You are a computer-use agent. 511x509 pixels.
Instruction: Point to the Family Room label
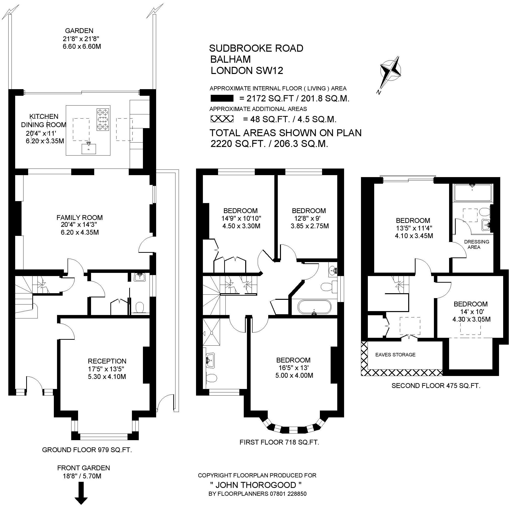[79, 218]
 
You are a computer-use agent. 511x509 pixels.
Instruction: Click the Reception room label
[107, 361]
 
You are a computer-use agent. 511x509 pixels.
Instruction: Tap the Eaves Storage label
[395, 355]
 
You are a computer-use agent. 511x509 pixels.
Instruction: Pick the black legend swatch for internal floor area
[222, 98]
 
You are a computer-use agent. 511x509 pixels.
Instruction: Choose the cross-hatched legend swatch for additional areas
[222, 119]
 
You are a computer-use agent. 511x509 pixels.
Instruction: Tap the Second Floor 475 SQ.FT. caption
[436, 386]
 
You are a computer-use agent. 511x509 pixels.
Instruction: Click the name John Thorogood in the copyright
[256, 485]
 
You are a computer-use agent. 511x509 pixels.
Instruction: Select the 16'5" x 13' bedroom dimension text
[294, 368]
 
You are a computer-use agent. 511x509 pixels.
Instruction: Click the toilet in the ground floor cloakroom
[140, 308]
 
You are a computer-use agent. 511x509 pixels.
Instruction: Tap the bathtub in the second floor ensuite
[472, 193]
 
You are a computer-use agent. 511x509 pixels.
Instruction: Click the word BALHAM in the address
[230, 59]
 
